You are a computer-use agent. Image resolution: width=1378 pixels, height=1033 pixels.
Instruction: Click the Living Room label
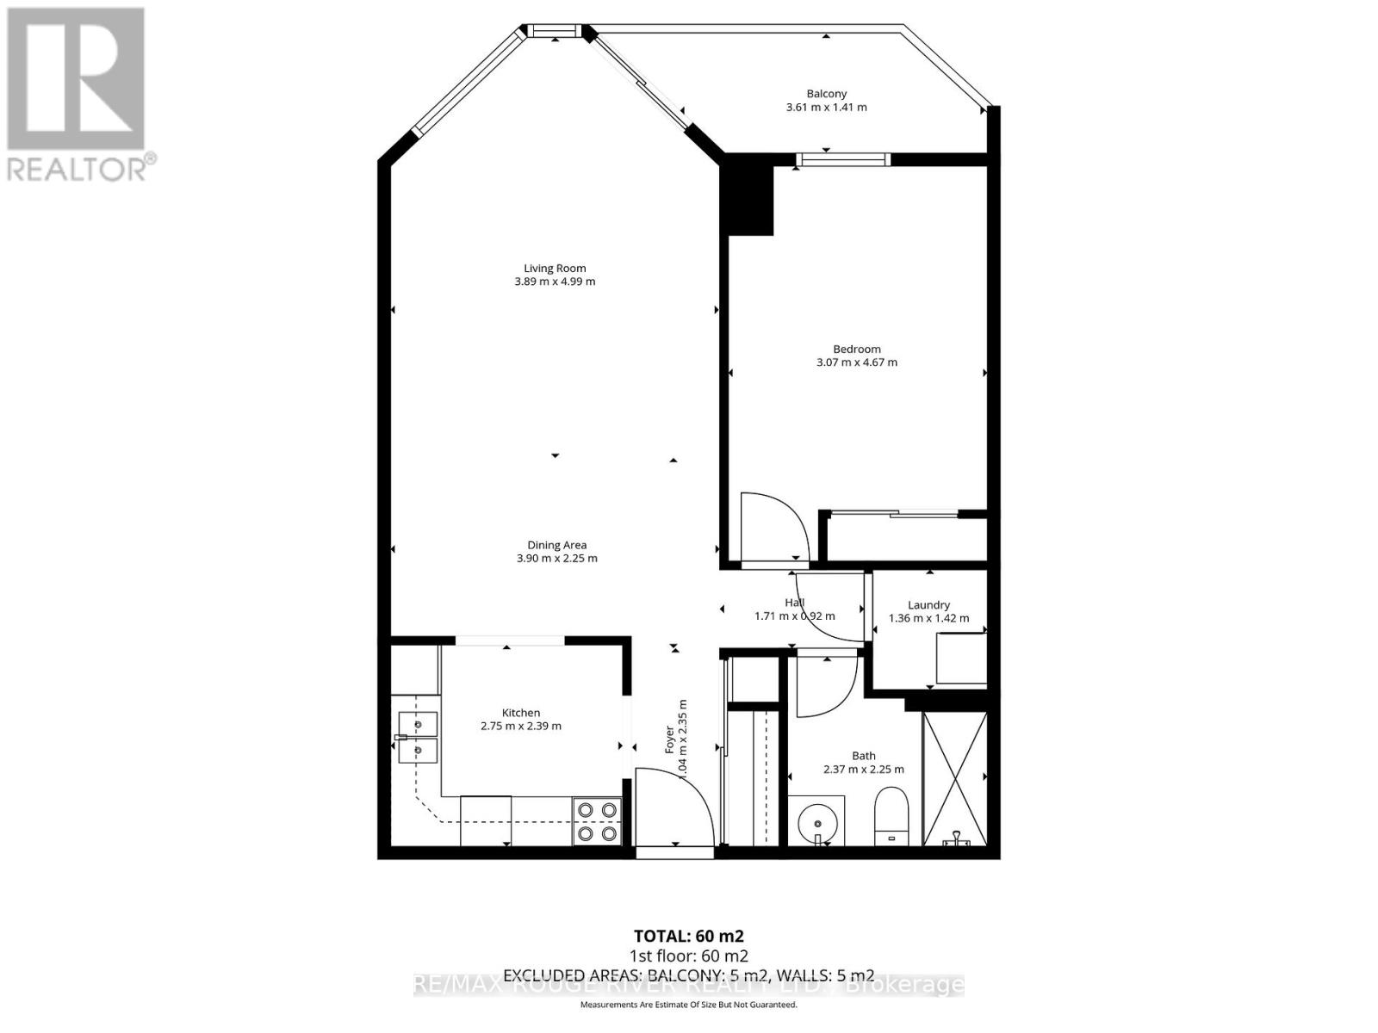pyautogui.click(x=555, y=268)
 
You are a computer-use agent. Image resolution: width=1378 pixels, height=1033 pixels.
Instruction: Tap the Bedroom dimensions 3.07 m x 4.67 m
pyautogui.click(x=856, y=362)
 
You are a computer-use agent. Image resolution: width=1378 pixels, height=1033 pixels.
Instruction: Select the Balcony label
pyautogui.click(x=827, y=94)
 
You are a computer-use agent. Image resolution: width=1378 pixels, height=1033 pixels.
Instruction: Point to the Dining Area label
pyautogui.click(x=556, y=545)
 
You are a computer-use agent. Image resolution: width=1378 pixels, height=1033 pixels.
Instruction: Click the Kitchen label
pyautogui.click(x=521, y=713)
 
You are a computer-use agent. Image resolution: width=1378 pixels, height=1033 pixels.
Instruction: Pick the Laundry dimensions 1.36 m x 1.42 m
pyautogui.click(x=928, y=618)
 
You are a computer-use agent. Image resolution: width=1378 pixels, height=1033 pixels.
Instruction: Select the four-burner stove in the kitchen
pyautogui.click(x=598, y=821)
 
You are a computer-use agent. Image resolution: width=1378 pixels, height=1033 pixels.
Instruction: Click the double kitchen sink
pyautogui.click(x=417, y=737)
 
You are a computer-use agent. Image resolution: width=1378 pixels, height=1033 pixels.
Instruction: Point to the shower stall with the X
pyautogui.click(x=954, y=778)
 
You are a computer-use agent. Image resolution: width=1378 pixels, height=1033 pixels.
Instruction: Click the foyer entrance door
pyautogui.click(x=673, y=809)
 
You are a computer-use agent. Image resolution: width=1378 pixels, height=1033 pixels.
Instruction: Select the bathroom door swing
pyautogui.click(x=825, y=685)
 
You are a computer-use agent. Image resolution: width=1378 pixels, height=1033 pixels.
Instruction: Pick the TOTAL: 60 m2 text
pyautogui.click(x=688, y=936)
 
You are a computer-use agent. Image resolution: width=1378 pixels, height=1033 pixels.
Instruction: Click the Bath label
pyautogui.click(x=863, y=756)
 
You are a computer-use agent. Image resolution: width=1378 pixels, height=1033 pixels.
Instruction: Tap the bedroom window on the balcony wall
pyautogui.click(x=843, y=158)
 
